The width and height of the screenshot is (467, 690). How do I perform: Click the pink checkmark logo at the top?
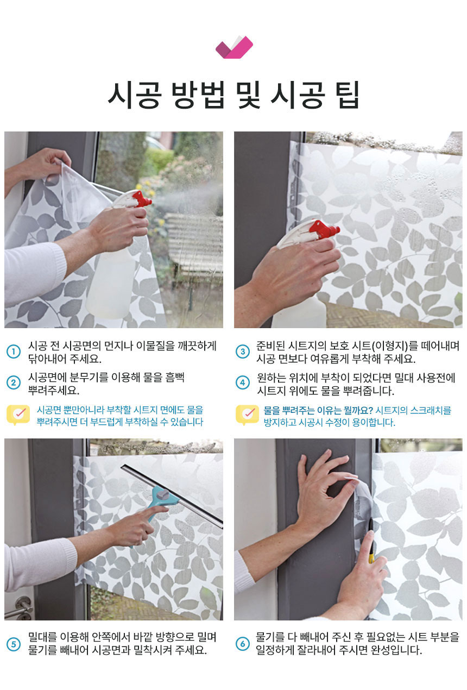[234, 47]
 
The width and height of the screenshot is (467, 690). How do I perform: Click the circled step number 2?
[14, 383]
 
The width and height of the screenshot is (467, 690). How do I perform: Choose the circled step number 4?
[242, 383]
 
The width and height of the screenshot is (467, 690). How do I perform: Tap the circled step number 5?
[14, 644]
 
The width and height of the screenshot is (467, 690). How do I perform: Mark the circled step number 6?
[242, 644]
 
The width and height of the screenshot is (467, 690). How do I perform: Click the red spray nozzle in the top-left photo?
[142, 199]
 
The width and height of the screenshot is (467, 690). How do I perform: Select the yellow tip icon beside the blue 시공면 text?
[18, 415]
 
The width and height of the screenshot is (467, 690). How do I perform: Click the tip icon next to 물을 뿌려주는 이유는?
[247, 415]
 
